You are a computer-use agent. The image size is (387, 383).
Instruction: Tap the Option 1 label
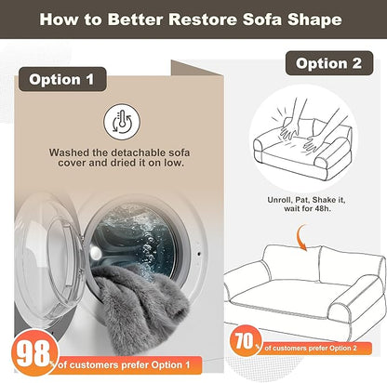62,79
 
